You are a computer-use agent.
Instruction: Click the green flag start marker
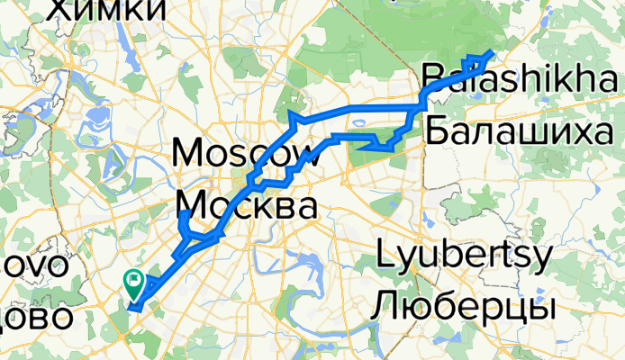(132, 283)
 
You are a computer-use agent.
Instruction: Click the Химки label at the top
(109, 9)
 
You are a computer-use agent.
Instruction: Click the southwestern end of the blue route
(131, 310)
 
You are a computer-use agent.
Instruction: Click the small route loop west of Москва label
(186, 226)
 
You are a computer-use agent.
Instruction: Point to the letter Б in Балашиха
(436, 132)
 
